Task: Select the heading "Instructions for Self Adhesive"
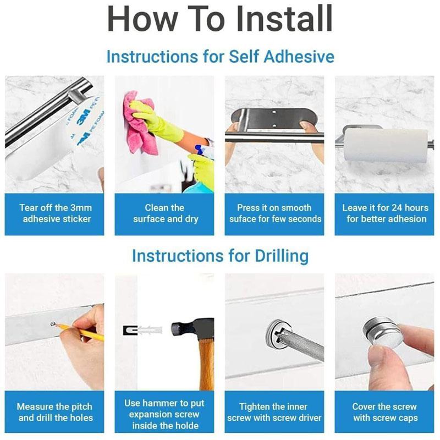pos(220,57)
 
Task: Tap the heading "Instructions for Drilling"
pos(220,256)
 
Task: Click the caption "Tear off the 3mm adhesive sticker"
pos(55,213)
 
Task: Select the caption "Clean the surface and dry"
pos(165,213)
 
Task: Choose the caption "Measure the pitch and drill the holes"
pos(55,413)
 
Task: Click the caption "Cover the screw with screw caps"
pos(385,413)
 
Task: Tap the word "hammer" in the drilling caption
pos(166,403)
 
